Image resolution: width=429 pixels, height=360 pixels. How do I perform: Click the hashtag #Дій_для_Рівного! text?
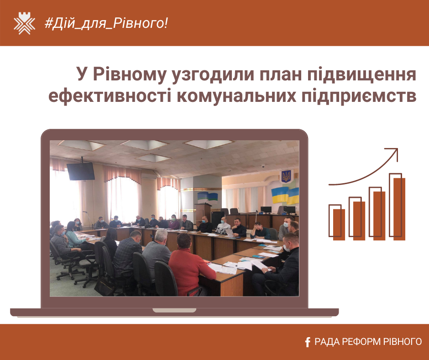(x=106, y=23)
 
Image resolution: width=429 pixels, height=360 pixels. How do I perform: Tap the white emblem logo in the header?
(x=24, y=23)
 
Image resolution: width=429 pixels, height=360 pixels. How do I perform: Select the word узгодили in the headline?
(x=213, y=74)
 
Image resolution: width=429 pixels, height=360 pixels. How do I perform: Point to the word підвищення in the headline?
(x=362, y=74)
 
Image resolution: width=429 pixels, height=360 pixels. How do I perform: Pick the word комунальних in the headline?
(x=236, y=96)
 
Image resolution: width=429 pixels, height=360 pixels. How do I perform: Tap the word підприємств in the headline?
(x=359, y=96)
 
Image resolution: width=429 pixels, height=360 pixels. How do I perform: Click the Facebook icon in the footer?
(x=308, y=342)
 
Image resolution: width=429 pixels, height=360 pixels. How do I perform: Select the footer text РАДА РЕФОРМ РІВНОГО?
(x=368, y=342)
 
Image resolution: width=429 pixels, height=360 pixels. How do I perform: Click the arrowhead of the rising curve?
(x=394, y=152)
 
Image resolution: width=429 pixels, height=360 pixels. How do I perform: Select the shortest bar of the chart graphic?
(x=337, y=222)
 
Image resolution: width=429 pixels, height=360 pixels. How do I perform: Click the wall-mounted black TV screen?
(x=81, y=171)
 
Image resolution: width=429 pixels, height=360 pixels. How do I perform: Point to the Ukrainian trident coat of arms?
(x=286, y=176)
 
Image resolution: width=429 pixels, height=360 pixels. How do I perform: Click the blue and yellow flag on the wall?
(x=285, y=196)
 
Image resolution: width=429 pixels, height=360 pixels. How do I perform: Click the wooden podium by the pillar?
(x=203, y=215)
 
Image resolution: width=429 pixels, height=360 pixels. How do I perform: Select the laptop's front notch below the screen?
(x=174, y=310)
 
